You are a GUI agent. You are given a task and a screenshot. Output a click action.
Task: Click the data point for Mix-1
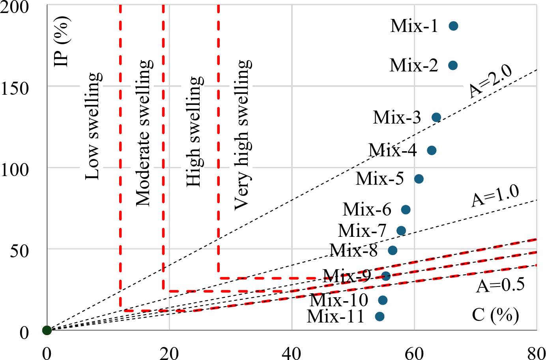point(453,26)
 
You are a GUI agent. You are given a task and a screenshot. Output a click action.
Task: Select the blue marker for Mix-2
point(453,65)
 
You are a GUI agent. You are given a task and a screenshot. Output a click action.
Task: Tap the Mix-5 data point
point(419,179)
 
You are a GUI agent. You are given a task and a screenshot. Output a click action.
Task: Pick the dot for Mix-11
point(380,316)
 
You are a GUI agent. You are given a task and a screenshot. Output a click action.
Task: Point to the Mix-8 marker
point(393,250)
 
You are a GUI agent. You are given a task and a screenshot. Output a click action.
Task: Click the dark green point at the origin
point(47,330)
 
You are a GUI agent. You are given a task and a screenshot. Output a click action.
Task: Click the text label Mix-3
point(397,117)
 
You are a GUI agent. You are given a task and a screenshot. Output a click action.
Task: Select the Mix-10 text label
point(338,300)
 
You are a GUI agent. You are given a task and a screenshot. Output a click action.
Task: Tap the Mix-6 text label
point(367,209)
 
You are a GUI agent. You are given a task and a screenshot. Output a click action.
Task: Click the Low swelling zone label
point(93,126)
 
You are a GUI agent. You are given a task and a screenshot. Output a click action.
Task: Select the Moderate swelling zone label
point(143,133)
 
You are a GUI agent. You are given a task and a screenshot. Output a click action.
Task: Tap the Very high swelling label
point(242,135)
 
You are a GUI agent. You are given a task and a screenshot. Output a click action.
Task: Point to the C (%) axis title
point(495,315)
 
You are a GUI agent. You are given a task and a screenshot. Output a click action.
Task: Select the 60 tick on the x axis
point(414,353)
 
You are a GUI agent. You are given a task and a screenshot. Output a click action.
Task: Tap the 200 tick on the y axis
point(15,7)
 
